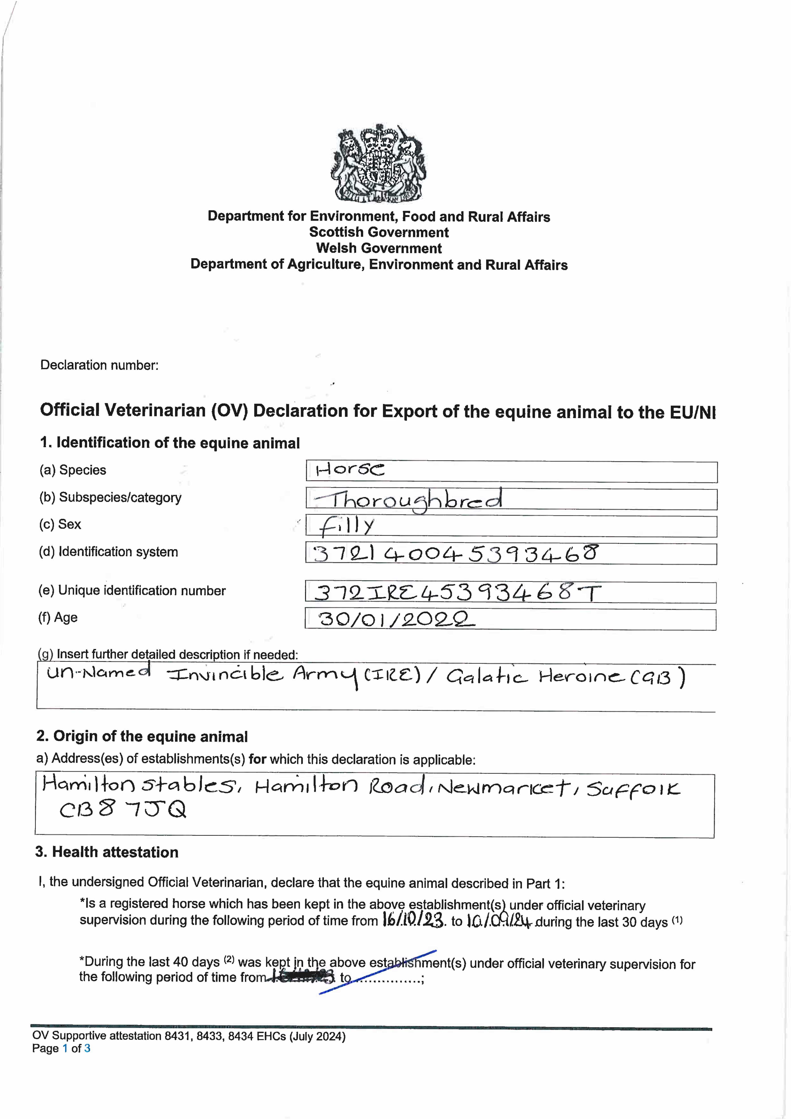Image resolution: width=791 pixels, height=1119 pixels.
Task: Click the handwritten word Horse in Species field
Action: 350,470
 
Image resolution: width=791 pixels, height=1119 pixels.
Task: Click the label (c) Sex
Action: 60,524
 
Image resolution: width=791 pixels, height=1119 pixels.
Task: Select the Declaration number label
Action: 99,365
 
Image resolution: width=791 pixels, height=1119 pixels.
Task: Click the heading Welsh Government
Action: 379,248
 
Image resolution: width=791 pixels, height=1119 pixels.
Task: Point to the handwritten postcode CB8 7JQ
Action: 123,810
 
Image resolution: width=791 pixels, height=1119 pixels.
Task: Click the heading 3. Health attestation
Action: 107,852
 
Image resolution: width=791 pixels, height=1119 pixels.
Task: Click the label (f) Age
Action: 58,617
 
